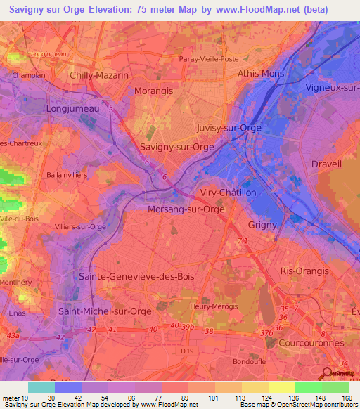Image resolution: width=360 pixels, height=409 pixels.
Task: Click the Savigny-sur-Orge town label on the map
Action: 176,148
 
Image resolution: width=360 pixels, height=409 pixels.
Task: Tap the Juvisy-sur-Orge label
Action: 229,128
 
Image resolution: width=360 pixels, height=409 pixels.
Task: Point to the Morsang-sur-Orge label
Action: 186,209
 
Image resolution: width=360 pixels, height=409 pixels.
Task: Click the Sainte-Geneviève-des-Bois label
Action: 136,276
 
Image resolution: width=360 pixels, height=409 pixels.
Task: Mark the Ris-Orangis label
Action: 304,271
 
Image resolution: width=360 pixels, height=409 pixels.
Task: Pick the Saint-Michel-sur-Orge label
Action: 105,310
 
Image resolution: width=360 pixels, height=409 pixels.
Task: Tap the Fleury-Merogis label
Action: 215,307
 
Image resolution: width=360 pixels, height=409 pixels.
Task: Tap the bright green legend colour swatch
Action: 308,387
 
